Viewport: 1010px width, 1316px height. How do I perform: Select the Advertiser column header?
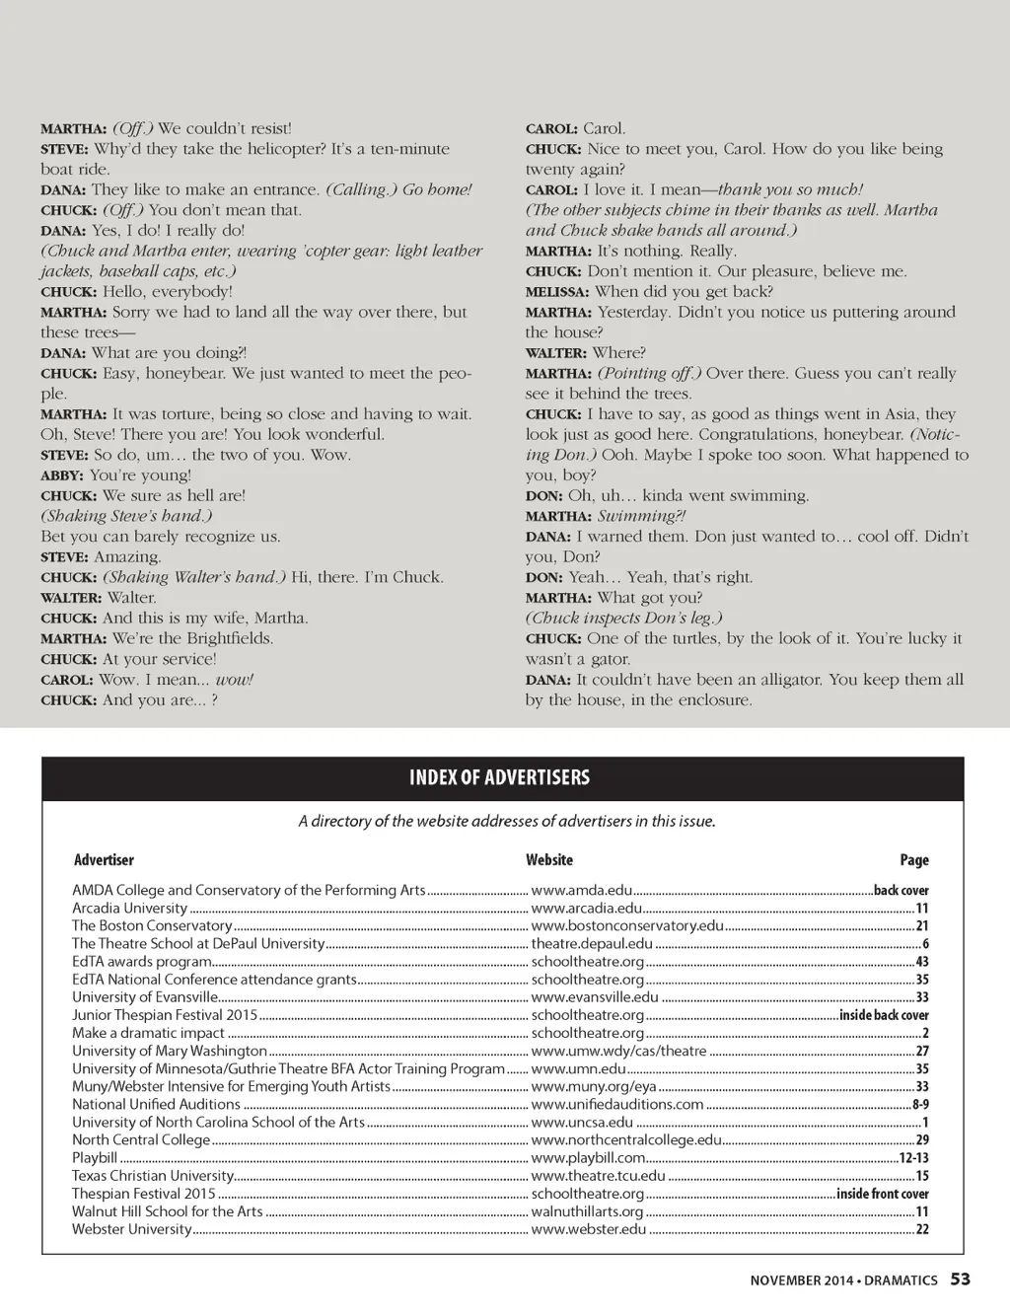[104, 860]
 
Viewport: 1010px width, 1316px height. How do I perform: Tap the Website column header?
[549, 860]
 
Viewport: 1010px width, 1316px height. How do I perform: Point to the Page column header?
[913, 860]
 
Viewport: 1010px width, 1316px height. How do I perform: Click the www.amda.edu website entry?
[582, 890]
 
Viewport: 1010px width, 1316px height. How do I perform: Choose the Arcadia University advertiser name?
[129, 908]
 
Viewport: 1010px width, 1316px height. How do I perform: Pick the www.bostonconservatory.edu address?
[627, 925]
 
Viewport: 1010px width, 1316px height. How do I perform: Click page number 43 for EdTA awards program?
[922, 962]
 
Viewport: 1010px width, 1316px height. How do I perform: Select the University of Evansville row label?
[144, 997]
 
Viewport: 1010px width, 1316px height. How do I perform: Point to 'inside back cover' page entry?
[884, 1015]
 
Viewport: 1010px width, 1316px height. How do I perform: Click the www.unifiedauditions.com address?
[617, 1104]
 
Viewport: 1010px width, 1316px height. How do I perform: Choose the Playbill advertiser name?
[95, 1157]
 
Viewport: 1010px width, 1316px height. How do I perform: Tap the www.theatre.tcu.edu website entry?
[598, 1175]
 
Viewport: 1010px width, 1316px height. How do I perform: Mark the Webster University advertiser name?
[131, 1229]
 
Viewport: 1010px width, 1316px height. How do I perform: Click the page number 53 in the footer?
[960, 1279]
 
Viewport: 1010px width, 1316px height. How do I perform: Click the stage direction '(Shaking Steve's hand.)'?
[126, 516]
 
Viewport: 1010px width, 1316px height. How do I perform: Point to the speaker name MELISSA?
[557, 292]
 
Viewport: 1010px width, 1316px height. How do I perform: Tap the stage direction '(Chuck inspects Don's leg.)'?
[623, 618]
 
